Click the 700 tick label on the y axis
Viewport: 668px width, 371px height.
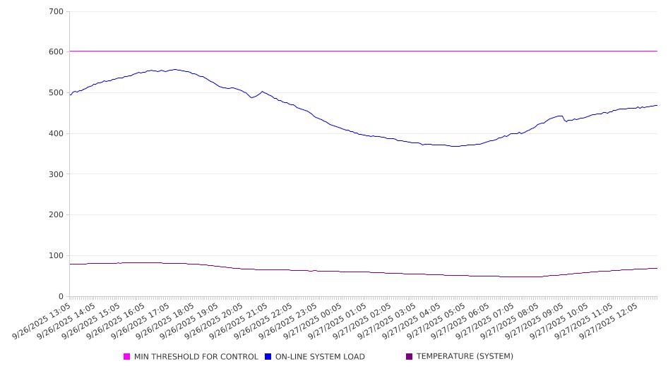click(x=56, y=12)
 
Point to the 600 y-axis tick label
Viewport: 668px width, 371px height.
click(x=56, y=52)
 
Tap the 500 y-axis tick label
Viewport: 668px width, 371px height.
click(x=56, y=93)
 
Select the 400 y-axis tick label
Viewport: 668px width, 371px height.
click(x=56, y=134)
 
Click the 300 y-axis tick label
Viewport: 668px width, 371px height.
click(x=56, y=174)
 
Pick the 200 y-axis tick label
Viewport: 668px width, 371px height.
click(x=56, y=215)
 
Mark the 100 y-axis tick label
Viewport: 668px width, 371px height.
click(x=56, y=256)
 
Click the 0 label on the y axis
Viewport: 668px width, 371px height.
click(x=61, y=297)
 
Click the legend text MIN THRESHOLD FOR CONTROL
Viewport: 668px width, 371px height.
click(x=196, y=357)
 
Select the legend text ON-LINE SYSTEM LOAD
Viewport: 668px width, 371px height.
click(x=320, y=357)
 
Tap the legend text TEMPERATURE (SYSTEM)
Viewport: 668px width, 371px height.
click(x=465, y=357)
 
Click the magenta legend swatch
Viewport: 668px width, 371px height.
click(x=127, y=357)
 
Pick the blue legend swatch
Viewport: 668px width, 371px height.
click(x=268, y=357)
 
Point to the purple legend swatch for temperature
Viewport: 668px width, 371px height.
click(x=410, y=357)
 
